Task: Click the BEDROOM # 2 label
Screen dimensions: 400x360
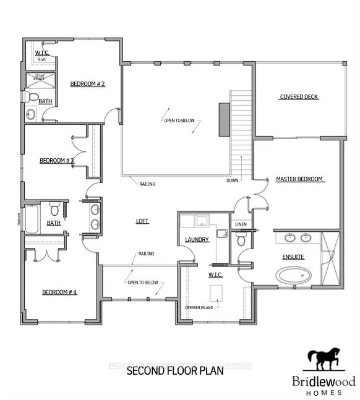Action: pyautogui.click(x=87, y=83)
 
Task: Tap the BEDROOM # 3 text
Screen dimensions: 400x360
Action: pyautogui.click(x=57, y=161)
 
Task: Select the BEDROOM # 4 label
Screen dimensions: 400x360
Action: pyautogui.click(x=59, y=292)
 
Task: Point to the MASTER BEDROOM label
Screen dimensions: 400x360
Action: pyautogui.click(x=300, y=179)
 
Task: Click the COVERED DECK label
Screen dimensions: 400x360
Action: pyautogui.click(x=299, y=97)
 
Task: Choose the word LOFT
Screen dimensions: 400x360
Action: pyautogui.click(x=143, y=221)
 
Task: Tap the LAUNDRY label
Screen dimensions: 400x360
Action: pyautogui.click(x=197, y=240)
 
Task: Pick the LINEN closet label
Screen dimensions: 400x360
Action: pyautogui.click(x=240, y=224)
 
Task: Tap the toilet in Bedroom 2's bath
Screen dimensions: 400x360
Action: pyautogui.click(x=31, y=97)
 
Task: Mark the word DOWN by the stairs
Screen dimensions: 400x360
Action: pyautogui.click(x=231, y=181)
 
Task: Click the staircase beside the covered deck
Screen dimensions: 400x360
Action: pyautogui.click(x=242, y=130)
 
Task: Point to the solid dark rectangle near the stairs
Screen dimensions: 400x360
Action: pyautogui.click(x=223, y=119)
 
